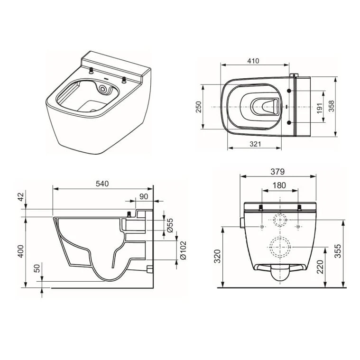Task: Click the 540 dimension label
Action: pos(103,183)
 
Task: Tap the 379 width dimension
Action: pos(278,170)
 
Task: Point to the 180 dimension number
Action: pos(279,185)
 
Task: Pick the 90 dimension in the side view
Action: pos(143,196)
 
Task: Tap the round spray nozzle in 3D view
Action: pos(104,89)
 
